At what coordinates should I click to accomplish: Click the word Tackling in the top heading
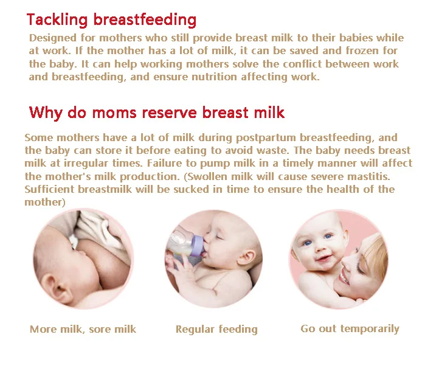[x=57, y=20]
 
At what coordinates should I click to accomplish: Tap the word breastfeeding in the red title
[x=145, y=20]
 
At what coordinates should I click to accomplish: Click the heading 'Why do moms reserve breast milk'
[x=157, y=113]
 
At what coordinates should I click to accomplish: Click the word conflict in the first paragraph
[x=302, y=64]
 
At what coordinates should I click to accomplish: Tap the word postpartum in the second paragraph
[x=266, y=138]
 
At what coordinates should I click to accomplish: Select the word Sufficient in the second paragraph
[x=49, y=189]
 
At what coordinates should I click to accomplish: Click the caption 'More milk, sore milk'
[x=83, y=329]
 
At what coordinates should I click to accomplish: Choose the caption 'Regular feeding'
[x=216, y=329]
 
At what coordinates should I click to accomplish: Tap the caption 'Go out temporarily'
[x=350, y=329]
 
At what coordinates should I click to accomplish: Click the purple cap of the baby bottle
[x=196, y=245]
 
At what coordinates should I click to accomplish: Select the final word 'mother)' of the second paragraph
[x=45, y=202]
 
